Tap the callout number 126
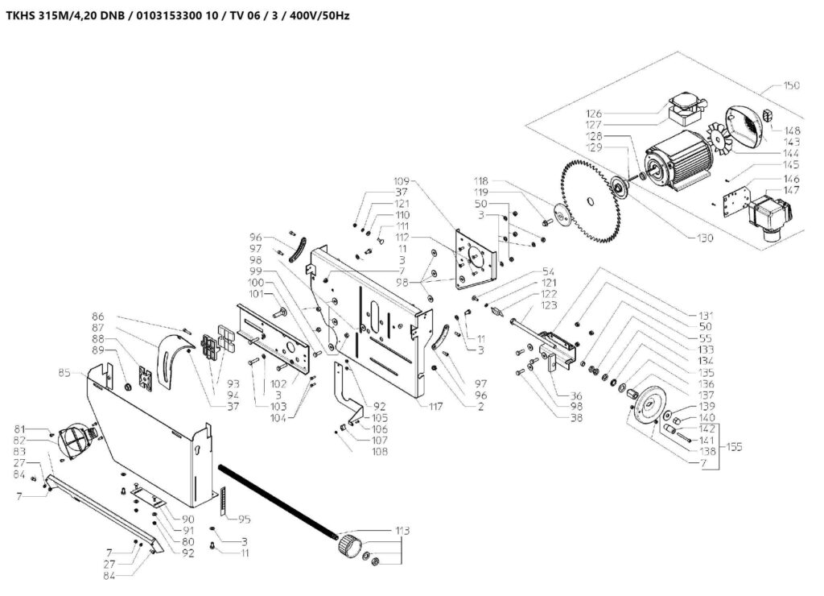tap(616, 113)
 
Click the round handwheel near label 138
tap(650, 410)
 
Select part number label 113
tap(402, 532)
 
